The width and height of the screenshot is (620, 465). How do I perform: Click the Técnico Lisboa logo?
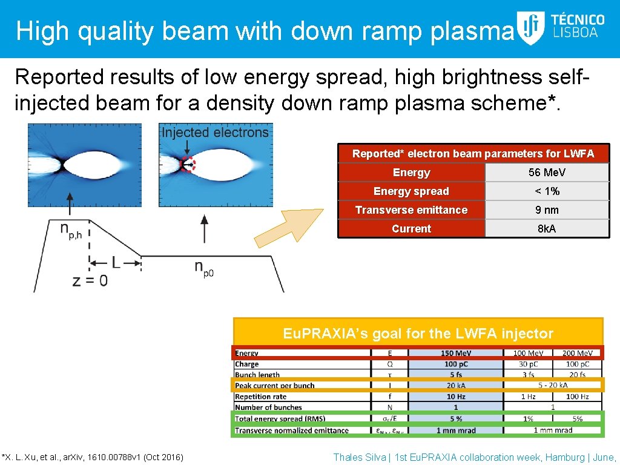click(561, 28)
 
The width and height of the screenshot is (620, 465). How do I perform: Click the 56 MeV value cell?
click(547, 173)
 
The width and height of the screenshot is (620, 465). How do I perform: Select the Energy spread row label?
click(411, 191)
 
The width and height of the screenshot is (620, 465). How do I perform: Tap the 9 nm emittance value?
click(547, 210)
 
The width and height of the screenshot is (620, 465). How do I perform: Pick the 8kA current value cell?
click(547, 229)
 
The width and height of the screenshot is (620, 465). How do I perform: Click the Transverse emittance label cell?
click(411, 210)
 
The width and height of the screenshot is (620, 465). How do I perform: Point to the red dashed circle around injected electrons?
click(188, 164)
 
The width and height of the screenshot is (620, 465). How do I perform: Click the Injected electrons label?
click(215, 132)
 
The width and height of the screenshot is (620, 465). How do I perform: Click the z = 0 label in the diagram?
click(90, 281)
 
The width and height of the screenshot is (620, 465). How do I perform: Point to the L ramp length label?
click(116, 262)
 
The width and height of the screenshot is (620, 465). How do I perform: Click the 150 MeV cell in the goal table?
click(456, 353)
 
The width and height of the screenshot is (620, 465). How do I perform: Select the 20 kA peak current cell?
click(456, 386)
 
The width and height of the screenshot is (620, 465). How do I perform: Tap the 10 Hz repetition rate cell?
click(456, 397)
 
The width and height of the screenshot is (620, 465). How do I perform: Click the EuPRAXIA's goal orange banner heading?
click(418, 333)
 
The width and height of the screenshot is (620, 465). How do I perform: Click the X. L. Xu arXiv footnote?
click(93, 457)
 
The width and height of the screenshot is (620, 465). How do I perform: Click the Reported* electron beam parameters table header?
click(473, 154)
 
